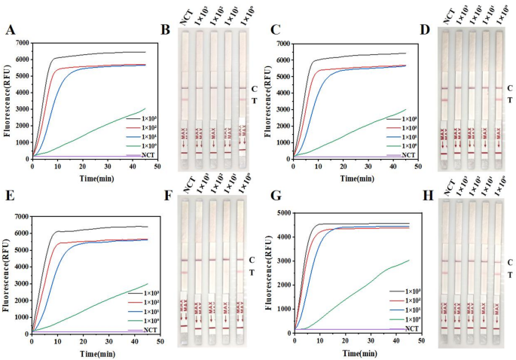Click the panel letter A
(x=11, y=30)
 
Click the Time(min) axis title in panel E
(x=93, y=352)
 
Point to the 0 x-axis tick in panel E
(x=31, y=340)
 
